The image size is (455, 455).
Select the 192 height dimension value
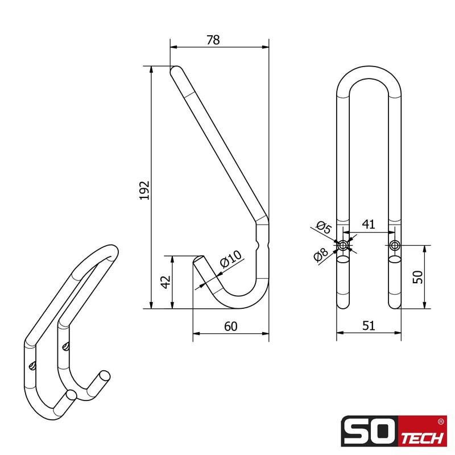[x=144, y=190]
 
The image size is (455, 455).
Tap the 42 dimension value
[x=166, y=282]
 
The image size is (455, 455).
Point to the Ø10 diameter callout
[x=231, y=259]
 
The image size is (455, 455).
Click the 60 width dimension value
[x=230, y=326]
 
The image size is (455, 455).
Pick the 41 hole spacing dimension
[x=369, y=224]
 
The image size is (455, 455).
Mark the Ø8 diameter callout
[x=321, y=255]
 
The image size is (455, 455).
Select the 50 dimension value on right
[x=418, y=278]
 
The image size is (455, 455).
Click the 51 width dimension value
[x=369, y=326]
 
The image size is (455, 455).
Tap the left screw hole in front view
[x=344, y=246]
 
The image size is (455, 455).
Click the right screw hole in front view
[x=395, y=246]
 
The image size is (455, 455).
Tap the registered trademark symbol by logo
[x=441, y=421]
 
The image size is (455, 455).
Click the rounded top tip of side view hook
[x=176, y=71]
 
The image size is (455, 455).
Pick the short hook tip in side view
[x=200, y=262]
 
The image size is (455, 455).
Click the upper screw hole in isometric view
[x=67, y=345]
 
